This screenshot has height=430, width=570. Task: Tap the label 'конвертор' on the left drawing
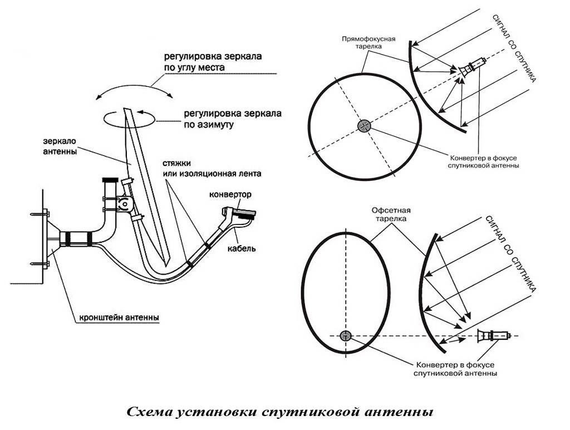pyautogui.click(x=230, y=195)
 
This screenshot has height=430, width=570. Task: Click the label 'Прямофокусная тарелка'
pyautogui.click(x=368, y=43)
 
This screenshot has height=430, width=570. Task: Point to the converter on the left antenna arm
pyautogui.click(x=238, y=214)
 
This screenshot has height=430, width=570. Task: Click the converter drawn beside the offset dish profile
pyautogui.click(x=494, y=336)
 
